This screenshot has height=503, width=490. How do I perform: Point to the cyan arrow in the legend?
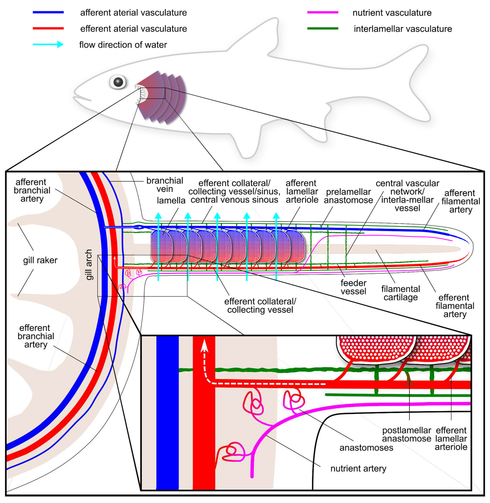[x=48, y=44]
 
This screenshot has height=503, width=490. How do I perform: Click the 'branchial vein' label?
[x=165, y=185]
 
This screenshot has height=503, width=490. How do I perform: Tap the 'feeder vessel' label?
[x=353, y=287]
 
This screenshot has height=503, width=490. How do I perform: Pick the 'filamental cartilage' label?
[x=401, y=293]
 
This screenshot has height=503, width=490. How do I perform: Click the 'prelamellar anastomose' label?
[x=348, y=196]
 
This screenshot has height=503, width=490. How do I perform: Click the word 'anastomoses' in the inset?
[x=366, y=448]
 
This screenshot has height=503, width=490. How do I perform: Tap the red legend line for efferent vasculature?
[x=48, y=28]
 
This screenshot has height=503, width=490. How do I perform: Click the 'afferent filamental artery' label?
[x=461, y=201]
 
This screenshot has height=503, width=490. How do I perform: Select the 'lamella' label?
[x=171, y=200]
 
